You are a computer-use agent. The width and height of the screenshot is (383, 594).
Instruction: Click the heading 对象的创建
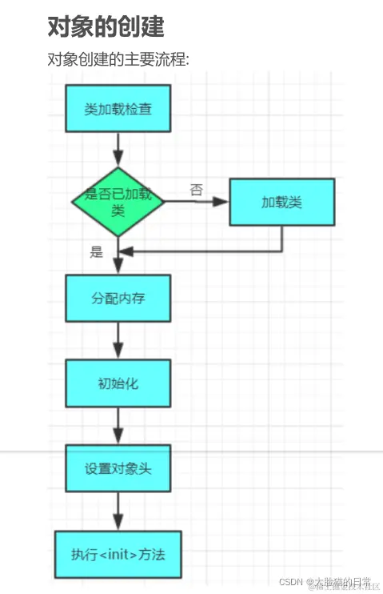[106, 26]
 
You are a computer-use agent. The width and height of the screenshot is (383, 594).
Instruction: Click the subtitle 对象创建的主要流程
[118, 60]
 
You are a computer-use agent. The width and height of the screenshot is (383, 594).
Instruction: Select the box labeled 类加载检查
[118, 108]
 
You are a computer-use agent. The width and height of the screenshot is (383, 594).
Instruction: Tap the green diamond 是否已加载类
[118, 203]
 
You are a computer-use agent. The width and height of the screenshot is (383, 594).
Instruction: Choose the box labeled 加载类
[281, 202]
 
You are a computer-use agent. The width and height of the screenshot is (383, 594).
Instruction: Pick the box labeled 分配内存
[118, 298]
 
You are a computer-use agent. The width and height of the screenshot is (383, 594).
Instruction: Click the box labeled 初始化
[118, 383]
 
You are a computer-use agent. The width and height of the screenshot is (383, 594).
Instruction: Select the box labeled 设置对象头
[118, 468]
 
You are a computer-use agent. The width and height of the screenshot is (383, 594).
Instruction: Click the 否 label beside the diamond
[196, 190]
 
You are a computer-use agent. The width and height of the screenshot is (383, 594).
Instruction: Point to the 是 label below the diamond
[98, 253]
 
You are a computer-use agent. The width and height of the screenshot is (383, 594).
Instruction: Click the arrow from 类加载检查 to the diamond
[118, 150]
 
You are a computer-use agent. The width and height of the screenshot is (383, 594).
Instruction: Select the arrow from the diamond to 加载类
[197, 202]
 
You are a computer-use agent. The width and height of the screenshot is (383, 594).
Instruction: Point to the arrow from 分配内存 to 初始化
[118, 340]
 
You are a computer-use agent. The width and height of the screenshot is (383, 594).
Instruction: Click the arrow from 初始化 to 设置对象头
[118, 425]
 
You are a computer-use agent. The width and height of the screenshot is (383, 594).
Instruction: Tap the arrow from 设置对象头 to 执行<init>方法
[118, 511]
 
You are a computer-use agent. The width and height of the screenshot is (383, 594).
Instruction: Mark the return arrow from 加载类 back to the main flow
[208, 251]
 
